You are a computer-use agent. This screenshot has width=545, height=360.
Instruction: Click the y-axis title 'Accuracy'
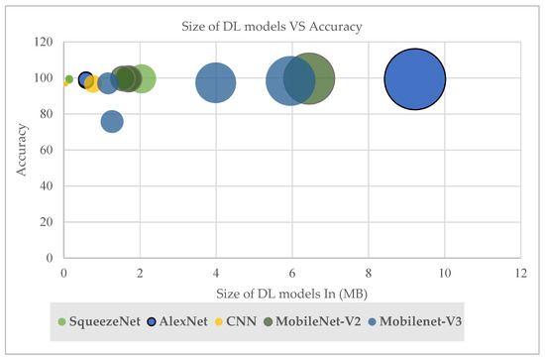point(22,150)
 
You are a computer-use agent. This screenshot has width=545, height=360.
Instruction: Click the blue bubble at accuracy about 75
point(112,121)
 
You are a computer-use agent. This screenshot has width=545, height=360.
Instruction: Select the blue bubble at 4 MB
point(216,82)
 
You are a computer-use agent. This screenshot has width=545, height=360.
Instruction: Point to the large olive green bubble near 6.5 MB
point(311,78)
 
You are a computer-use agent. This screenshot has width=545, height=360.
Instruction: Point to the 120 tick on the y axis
point(45,42)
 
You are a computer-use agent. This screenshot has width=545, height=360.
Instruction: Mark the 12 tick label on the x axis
point(520,272)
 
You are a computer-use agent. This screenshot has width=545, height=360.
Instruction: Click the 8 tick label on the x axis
point(369,272)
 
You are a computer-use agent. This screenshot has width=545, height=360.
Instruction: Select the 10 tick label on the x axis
point(444,272)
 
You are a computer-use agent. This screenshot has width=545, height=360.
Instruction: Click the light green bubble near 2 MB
point(142,78)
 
